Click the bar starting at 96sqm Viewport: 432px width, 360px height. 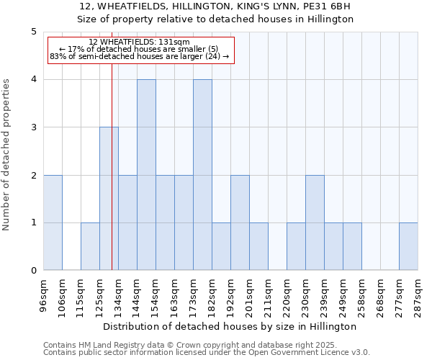[x=53, y=222]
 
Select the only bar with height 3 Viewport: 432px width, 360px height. [x=109, y=199]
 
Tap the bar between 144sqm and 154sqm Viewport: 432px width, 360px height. [x=146, y=175]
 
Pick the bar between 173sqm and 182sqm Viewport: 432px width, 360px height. [x=202, y=175]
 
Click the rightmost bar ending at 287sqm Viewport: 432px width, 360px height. [x=408, y=246]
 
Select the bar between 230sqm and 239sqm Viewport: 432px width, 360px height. [x=315, y=222]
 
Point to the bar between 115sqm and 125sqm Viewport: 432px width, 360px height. [x=90, y=246]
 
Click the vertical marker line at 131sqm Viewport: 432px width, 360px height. [x=112, y=166]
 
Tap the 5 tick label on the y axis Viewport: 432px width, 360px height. [x=34, y=32]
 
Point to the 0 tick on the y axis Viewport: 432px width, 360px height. [x=34, y=271]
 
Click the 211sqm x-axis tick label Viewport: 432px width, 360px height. [x=269, y=294]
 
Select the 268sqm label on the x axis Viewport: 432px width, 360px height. [x=381, y=294]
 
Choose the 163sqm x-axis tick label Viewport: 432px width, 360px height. [x=175, y=294]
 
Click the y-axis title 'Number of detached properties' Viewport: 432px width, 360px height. [x=7, y=156]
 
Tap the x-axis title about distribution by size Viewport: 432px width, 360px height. [x=230, y=326]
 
